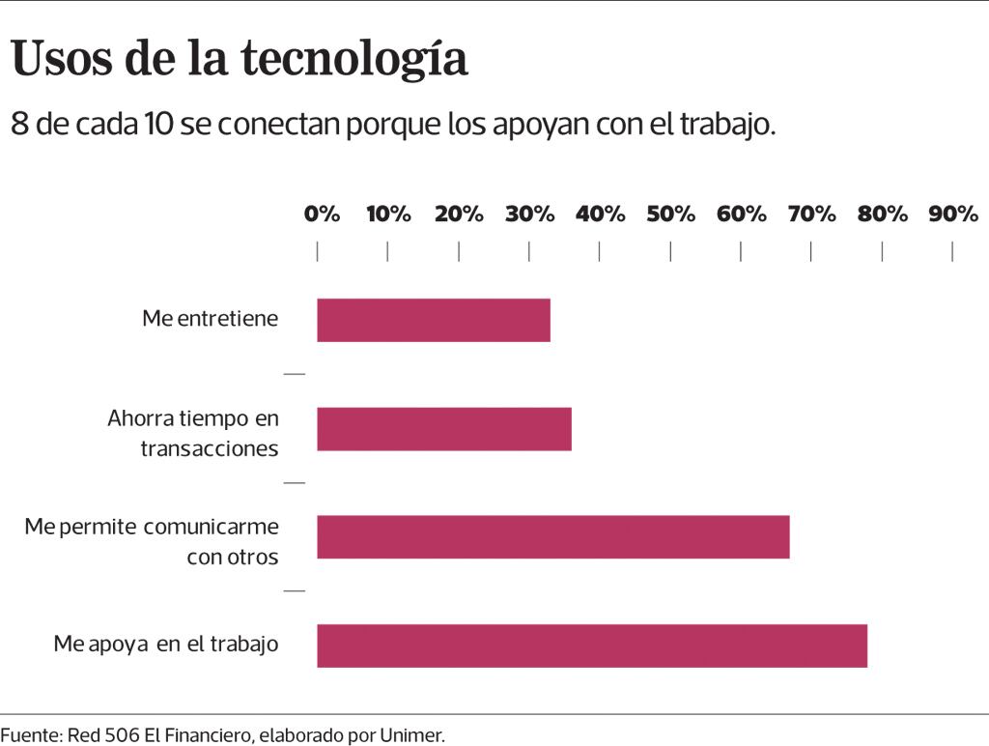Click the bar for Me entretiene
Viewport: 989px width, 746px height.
click(434, 320)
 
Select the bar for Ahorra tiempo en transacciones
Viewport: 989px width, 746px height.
click(444, 429)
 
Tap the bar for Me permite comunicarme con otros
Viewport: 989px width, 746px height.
click(553, 537)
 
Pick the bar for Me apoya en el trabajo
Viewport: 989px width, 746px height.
click(592, 646)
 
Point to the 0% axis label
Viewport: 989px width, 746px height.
click(322, 215)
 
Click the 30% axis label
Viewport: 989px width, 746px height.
click(529, 215)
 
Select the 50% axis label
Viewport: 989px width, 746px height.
click(670, 215)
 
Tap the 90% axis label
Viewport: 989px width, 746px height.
click(953, 215)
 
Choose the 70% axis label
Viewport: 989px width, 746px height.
click(811, 215)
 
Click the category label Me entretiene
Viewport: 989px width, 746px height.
click(210, 318)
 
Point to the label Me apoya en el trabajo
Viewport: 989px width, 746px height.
click(166, 644)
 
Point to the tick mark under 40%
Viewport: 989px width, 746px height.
click(600, 251)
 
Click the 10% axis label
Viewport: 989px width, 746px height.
click(388, 215)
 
